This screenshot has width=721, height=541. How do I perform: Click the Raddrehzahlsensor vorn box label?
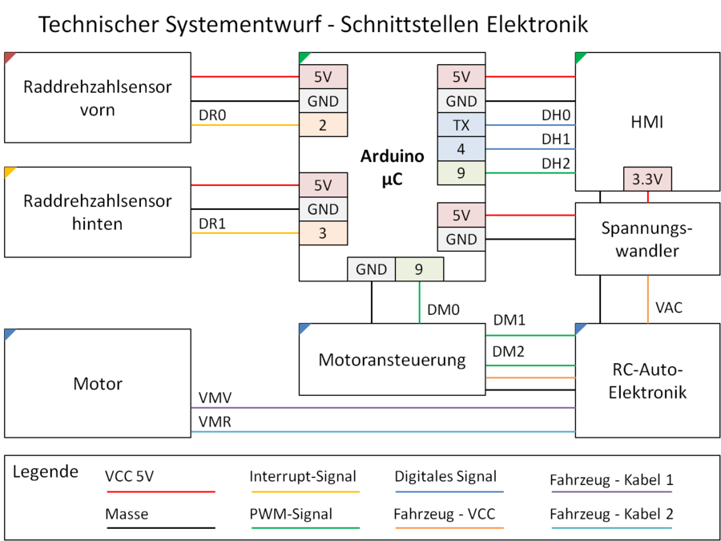pos(98,98)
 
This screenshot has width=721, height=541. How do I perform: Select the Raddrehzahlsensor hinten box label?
pos(98,212)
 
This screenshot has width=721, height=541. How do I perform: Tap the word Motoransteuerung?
pos(392,359)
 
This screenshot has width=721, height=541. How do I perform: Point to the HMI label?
pos(647,122)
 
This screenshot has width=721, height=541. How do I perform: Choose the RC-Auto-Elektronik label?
pos(647,382)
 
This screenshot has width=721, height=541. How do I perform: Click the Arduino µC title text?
pos(392,168)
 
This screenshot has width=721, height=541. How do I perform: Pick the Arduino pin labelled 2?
pos(323,124)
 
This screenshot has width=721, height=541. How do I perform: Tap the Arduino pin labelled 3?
pos(323,233)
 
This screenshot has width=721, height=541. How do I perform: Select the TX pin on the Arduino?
pos(461,124)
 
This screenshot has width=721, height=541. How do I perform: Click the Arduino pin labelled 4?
pos(461,148)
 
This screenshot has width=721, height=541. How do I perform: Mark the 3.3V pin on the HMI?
pos(647,180)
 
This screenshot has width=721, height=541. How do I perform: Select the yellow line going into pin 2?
pos(244,125)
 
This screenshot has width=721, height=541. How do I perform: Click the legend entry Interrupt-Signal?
pos(303,476)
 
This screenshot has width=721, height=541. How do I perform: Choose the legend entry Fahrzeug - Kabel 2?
pos(611,514)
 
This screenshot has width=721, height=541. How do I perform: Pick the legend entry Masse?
pos(127,514)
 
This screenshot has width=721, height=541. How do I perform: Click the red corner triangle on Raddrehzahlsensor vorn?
pos(9,57)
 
